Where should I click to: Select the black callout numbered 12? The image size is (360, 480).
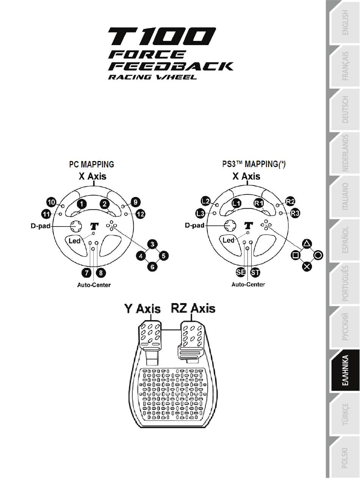(x=140, y=214)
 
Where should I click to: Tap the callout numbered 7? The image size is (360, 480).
(x=87, y=273)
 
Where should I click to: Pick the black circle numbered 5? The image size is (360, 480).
(x=164, y=256)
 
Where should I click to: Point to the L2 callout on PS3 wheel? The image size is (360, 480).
(x=206, y=201)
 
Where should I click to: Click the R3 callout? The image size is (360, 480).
(x=295, y=213)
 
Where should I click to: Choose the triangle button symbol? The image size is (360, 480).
(x=307, y=244)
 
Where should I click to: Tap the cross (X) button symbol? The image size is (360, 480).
(x=307, y=266)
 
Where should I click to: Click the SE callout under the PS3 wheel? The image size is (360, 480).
(x=241, y=272)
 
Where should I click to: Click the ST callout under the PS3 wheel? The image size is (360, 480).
(x=255, y=272)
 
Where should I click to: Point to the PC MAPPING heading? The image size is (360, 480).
(x=92, y=164)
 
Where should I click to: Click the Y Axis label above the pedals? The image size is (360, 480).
(x=142, y=308)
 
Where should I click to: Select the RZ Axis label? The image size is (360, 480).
(x=193, y=308)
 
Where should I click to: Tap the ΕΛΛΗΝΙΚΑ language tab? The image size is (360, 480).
(x=345, y=370)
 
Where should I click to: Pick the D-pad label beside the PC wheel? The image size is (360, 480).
(x=41, y=226)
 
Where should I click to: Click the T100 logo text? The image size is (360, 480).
(x=162, y=36)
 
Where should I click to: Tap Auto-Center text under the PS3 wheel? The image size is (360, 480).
(x=248, y=285)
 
